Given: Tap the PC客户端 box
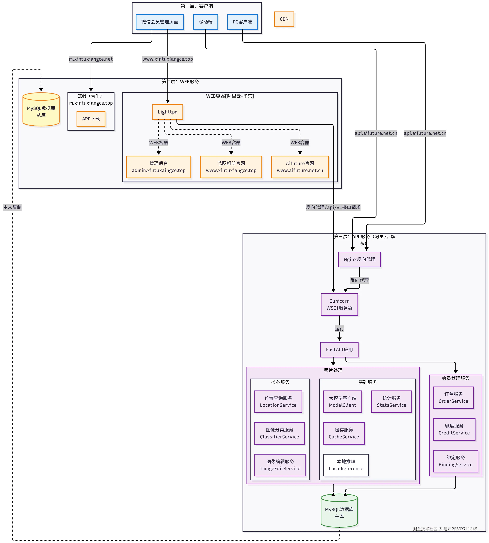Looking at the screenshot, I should tap(242, 22).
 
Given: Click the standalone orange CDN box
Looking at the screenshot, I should tap(284, 19).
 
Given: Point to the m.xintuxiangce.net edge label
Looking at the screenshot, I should tap(91, 59).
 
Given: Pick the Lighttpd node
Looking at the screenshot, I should tap(167, 112).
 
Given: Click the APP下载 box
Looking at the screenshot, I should tap(91, 119).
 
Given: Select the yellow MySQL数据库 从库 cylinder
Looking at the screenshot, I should tap(41, 110).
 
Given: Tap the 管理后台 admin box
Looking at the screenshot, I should tap(159, 167).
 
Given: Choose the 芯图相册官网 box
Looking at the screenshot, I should tap(231, 167).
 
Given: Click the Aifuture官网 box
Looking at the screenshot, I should tap(300, 167).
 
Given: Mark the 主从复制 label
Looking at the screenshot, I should tap(12, 207).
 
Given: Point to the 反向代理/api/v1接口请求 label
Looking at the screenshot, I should tap(333, 207).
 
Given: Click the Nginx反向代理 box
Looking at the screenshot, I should tap(359, 259).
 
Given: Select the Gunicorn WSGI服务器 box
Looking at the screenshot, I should tap(339, 304).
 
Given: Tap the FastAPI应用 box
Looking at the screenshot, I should tap(339, 350).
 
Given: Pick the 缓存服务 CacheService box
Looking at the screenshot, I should tap(344, 433).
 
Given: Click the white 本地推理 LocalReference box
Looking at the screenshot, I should tap(346, 465).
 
